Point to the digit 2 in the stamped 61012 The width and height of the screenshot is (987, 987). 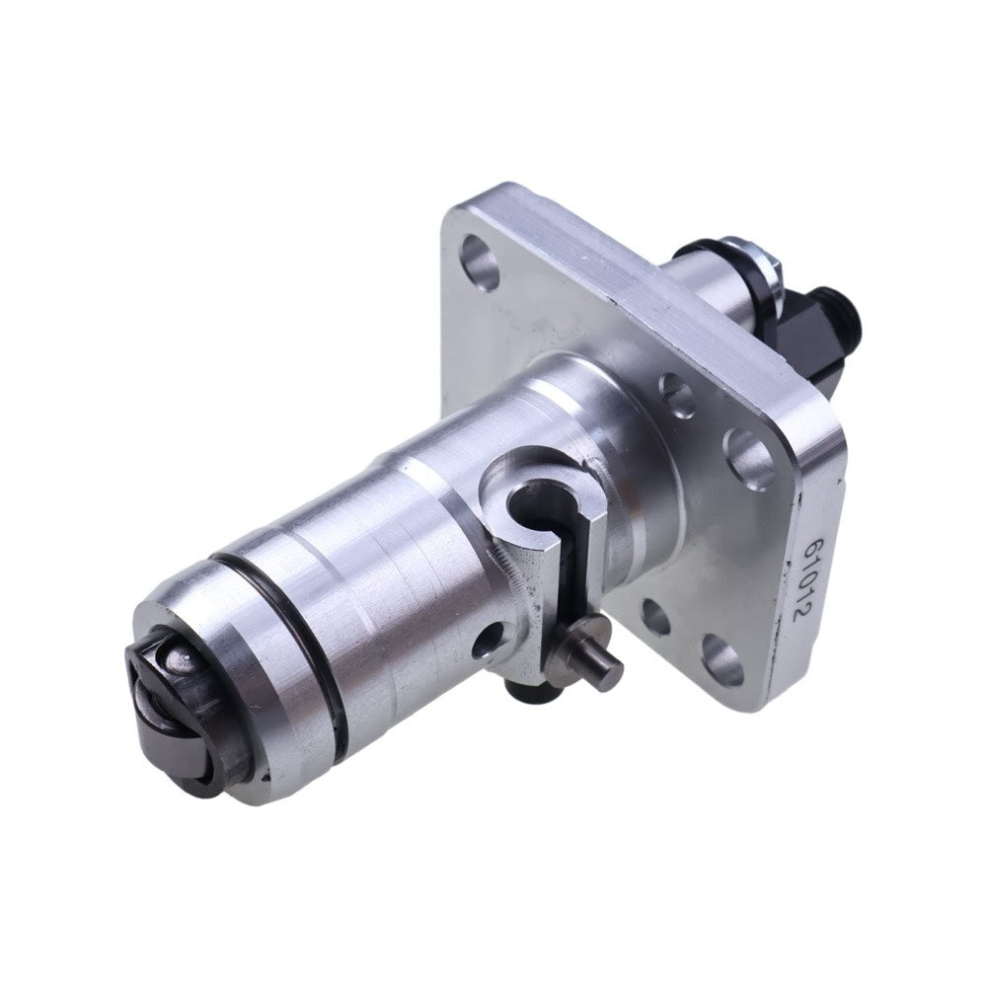tap(799, 613)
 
